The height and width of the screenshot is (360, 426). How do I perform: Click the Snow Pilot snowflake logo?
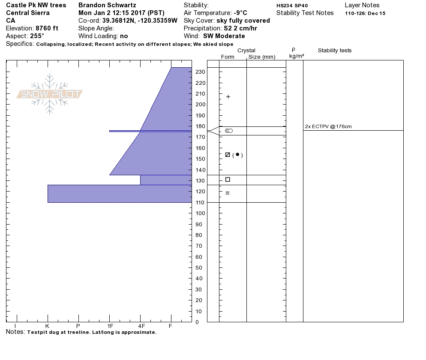point(49,94)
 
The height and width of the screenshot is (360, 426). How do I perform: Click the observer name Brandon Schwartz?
point(107,5)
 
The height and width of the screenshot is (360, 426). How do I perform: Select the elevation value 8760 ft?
point(47,28)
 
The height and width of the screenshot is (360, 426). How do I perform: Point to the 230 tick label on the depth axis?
point(201,72)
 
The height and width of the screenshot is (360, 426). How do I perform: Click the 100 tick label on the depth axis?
point(201,213)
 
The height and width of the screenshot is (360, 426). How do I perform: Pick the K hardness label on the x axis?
point(47,326)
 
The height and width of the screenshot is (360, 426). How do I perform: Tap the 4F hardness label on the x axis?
point(141,326)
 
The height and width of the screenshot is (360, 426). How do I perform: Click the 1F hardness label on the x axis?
point(110,326)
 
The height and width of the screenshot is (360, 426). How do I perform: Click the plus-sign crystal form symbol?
point(228,97)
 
